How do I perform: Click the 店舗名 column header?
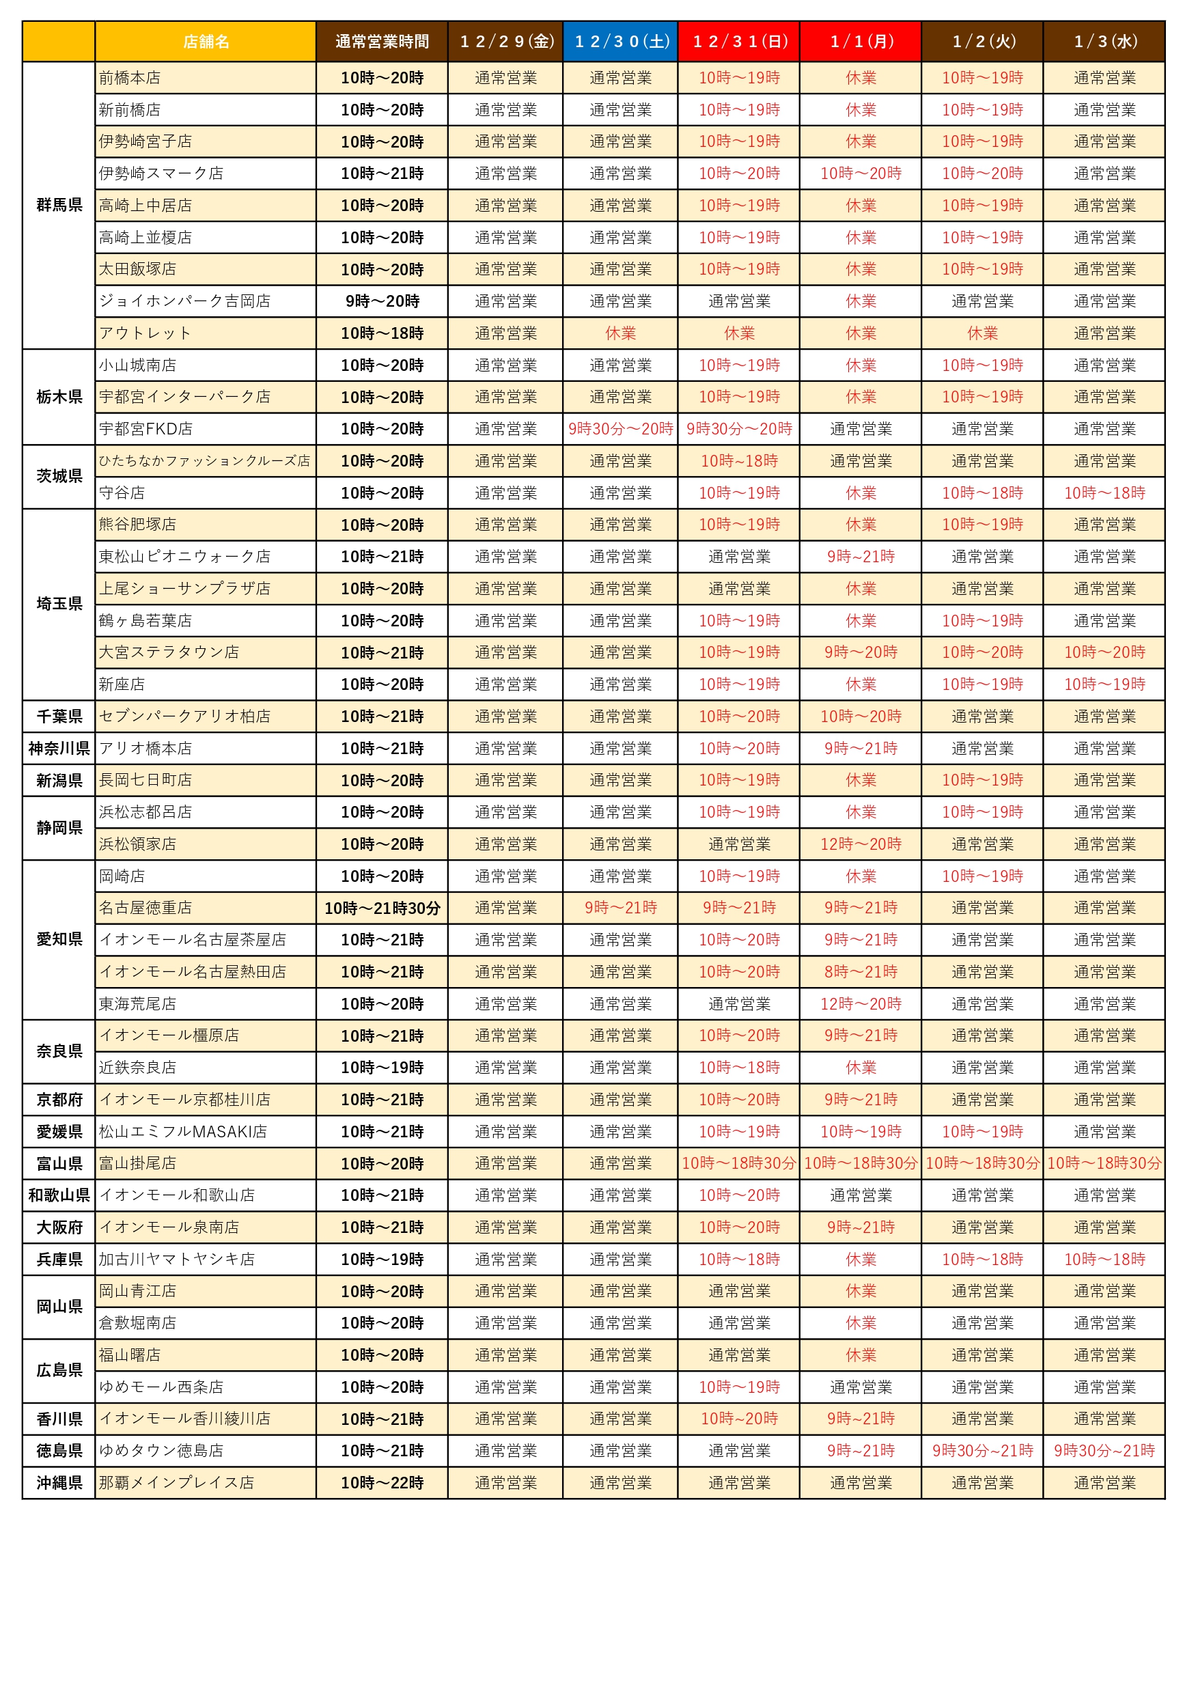[x=206, y=41]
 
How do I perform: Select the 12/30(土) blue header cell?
[x=620, y=41]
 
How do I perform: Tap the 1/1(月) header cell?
[x=861, y=41]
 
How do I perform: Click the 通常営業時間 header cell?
[x=382, y=41]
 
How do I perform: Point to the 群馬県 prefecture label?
[x=59, y=205]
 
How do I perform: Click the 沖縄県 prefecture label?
[x=59, y=1482]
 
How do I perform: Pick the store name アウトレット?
[x=145, y=333]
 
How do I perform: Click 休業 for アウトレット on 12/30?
[x=620, y=333]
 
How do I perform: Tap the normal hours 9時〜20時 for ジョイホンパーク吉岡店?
[x=382, y=301]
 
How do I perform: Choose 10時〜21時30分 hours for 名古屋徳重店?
[x=382, y=908]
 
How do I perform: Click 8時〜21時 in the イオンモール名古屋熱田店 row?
[x=861, y=972]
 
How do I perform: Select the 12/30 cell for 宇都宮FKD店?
[x=620, y=429]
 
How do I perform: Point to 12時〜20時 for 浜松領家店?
[x=861, y=844]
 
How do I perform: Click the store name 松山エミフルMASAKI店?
[x=183, y=1131]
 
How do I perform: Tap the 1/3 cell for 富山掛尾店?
[x=1104, y=1163]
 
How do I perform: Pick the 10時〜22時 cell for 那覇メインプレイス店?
[x=382, y=1482]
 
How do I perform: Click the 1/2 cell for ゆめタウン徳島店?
[x=983, y=1451]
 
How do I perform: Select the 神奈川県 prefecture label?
[x=59, y=748]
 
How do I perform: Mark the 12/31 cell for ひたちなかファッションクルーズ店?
[x=739, y=461]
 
